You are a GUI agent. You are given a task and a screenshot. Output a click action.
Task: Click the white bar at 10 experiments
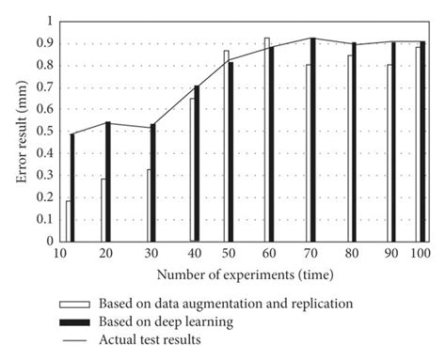pyautogui.click(x=68, y=221)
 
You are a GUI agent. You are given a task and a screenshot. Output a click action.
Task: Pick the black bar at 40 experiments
pyautogui.click(x=197, y=164)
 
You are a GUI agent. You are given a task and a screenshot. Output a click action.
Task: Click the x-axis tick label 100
pyautogui.click(x=420, y=254)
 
